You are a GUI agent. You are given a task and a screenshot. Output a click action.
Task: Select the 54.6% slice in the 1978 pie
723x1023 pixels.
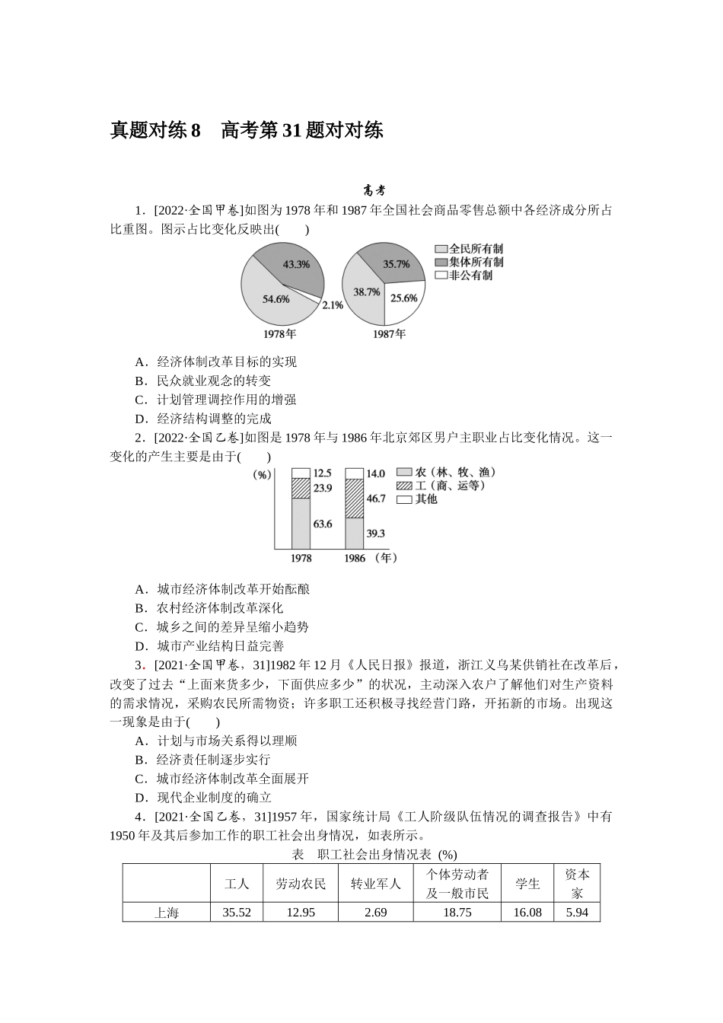click(276, 299)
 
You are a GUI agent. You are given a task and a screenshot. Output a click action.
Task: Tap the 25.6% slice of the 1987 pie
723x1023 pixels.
click(403, 298)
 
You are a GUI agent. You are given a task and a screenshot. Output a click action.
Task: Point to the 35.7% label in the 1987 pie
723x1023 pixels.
click(396, 264)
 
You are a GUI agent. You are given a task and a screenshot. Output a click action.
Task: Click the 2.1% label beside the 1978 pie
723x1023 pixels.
click(333, 305)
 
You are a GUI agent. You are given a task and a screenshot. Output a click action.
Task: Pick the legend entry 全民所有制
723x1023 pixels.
click(476, 249)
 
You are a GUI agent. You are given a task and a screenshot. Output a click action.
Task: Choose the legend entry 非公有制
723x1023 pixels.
click(470, 276)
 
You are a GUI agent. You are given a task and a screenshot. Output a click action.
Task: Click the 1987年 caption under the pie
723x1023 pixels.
click(389, 333)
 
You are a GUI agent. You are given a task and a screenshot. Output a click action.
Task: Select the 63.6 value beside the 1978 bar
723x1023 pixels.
click(323, 524)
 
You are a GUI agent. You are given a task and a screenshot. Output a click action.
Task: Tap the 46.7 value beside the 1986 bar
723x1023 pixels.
click(376, 499)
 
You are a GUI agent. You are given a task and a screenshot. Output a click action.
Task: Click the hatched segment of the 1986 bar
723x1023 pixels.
click(355, 499)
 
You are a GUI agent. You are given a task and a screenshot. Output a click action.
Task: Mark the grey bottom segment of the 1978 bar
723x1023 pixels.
click(301, 523)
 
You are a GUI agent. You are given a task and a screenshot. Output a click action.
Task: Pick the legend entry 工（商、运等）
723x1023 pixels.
click(449, 486)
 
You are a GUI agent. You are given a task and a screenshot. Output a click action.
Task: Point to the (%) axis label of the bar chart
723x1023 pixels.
click(263, 475)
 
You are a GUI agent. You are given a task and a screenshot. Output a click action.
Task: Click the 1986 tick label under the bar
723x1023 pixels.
click(355, 559)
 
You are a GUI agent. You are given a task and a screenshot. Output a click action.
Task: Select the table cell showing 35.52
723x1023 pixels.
click(237, 913)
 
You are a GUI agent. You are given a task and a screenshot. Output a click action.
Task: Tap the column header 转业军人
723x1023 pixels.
click(375, 884)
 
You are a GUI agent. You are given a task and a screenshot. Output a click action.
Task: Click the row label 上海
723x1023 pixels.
click(167, 913)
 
